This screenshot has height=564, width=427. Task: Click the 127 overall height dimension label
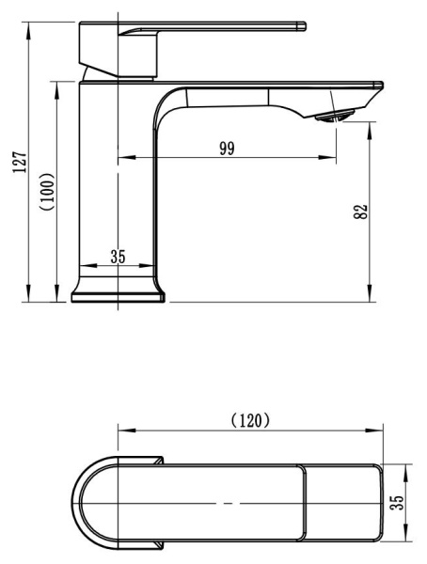point(20,163)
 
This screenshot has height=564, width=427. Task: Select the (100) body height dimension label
point(48,192)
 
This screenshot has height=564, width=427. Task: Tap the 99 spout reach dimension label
point(228,149)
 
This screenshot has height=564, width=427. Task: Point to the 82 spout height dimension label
point(361,211)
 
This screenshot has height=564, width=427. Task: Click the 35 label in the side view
point(119,257)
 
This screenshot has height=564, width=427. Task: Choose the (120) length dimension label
point(250,420)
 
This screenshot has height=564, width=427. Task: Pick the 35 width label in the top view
point(397,503)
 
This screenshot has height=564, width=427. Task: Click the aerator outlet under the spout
point(334,117)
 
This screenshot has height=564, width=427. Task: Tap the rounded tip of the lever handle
point(303,26)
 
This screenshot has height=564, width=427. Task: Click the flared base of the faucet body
point(119,290)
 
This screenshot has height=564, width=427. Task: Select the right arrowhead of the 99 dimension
point(327,157)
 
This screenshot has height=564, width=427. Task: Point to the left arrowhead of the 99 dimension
point(127,157)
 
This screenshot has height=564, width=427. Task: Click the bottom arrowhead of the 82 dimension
point(370,293)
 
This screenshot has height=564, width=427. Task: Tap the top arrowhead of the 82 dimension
point(370,131)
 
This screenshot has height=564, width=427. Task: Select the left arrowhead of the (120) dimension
point(127,431)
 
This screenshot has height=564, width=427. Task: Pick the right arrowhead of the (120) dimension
point(373,431)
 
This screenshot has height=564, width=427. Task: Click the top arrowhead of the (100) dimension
point(56,90)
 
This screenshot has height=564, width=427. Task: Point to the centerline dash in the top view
point(229,503)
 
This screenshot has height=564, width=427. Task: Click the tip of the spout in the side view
point(382,86)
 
